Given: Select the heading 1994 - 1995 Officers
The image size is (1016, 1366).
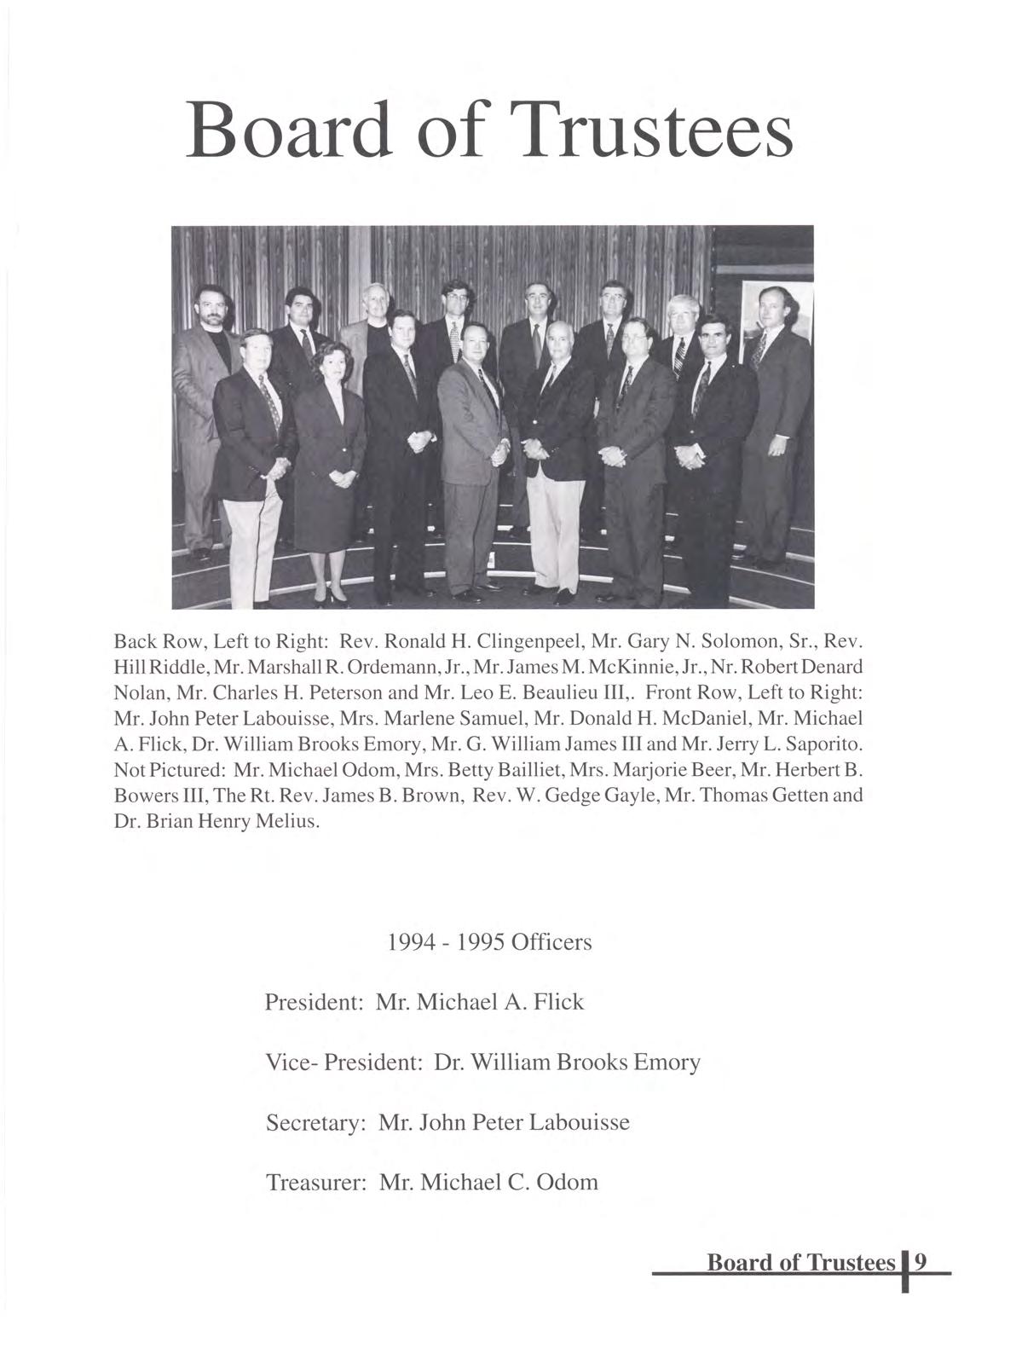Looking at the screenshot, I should click(489, 942).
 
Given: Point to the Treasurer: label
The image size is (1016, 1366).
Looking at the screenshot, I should click(316, 1182).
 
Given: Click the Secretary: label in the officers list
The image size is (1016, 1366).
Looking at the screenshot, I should click(315, 1122).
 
